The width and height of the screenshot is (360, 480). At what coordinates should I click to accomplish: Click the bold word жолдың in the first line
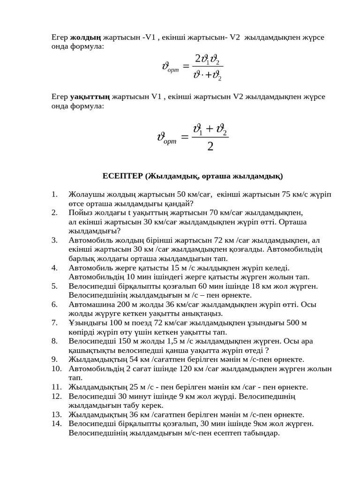(x=85, y=37)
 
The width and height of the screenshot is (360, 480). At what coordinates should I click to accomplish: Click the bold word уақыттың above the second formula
(x=90, y=97)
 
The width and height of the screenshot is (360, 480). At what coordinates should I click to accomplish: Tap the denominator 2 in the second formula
(x=210, y=147)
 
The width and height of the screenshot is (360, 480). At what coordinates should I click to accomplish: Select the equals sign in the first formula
(x=186, y=67)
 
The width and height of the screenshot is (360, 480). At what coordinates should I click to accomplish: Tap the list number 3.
(x=54, y=240)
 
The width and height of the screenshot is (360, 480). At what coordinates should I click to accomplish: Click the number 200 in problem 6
(x=117, y=304)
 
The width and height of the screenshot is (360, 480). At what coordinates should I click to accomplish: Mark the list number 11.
(x=57, y=387)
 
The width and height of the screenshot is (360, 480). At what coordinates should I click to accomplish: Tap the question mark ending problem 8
(x=267, y=350)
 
